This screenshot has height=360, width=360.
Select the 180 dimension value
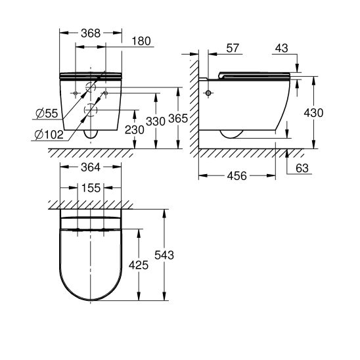coord(141,41)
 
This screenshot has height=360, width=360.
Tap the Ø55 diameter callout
coord(47,114)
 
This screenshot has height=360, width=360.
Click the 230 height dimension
coord(134,130)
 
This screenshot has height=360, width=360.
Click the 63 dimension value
coord(302,169)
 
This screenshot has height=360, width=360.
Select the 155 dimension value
coord(91,188)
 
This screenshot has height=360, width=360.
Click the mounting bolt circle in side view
coord(210,93)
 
